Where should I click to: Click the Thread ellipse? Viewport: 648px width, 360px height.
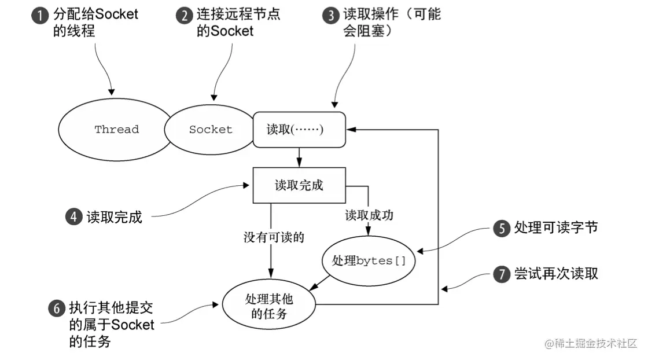(116, 130)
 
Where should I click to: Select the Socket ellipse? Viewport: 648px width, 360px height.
(210, 130)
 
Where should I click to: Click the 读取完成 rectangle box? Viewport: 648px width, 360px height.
(299, 185)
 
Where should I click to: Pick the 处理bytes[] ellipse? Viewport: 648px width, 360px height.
(369, 260)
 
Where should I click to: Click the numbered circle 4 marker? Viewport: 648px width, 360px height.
(73, 218)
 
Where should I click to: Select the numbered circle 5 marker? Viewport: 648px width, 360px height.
(500, 228)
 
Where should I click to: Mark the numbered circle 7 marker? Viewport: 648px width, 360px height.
(500, 274)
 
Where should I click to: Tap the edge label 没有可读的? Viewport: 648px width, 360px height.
(274, 237)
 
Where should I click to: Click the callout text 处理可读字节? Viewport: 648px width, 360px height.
(555, 228)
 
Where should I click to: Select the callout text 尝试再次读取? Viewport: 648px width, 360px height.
(555, 274)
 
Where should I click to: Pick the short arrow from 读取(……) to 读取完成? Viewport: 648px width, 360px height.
(299, 156)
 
